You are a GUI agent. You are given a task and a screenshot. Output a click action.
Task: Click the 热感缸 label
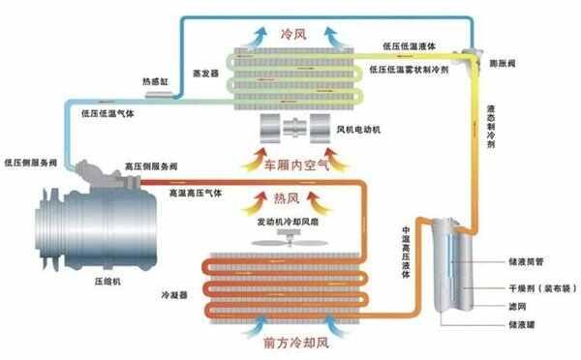pos(156,81)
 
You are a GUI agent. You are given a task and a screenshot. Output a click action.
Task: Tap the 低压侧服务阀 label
pos(34,162)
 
